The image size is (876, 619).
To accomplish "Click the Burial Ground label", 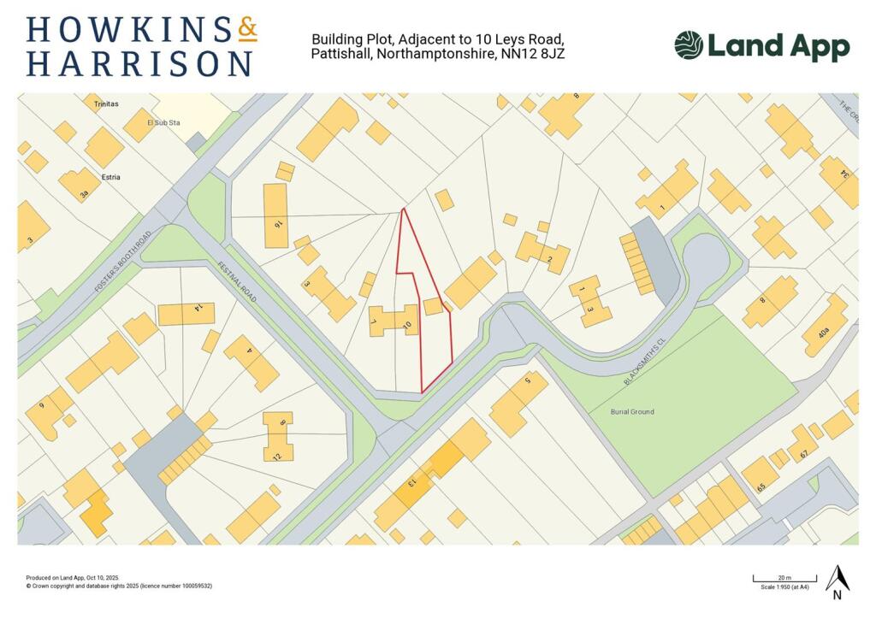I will coord(632,412).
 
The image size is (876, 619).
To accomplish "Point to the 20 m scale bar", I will coord(784,581).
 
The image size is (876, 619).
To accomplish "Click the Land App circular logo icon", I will coord(689,45).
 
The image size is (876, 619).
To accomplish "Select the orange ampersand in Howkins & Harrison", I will coord(246,30).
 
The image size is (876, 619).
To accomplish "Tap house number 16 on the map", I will coord(277,223).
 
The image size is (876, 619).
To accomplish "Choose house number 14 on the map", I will coord(198,307).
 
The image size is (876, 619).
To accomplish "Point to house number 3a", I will coord(83,194).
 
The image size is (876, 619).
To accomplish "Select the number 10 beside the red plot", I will coord(407,324).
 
